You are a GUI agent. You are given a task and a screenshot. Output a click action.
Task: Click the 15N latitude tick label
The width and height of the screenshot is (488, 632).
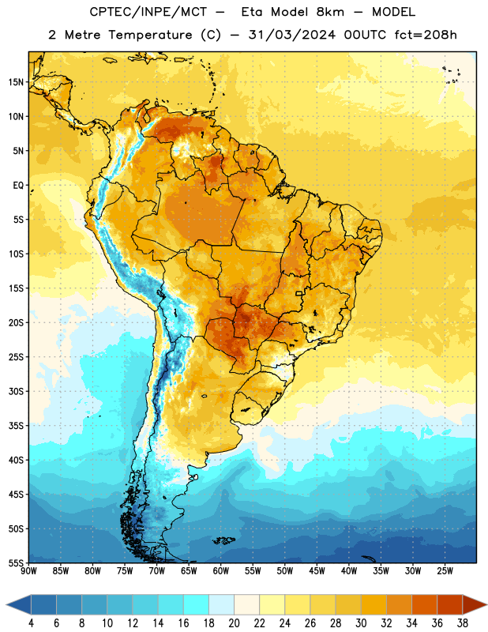click(x=16, y=82)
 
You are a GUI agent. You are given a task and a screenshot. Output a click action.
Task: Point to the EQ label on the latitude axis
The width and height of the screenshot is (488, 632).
click(x=18, y=186)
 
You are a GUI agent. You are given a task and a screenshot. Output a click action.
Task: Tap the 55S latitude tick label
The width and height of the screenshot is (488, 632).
click(x=16, y=562)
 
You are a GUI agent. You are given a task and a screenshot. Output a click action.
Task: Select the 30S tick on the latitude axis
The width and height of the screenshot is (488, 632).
click(x=16, y=391)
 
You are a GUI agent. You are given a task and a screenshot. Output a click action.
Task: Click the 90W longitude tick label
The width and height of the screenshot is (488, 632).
click(x=28, y=571)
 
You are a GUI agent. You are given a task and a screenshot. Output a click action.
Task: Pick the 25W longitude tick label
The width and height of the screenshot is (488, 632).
click(x=445, y=571)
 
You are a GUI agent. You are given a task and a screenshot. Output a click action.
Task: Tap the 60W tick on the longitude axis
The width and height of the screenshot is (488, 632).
click(x=221, y=571)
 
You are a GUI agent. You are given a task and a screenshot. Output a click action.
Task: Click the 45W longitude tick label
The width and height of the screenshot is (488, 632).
click(x=317, y=571)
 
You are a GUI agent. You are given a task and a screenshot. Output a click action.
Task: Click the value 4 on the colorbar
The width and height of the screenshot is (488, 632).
click(x=31, y=623)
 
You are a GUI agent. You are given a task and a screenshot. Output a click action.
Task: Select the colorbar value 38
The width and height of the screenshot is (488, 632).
click(x=462, y=623)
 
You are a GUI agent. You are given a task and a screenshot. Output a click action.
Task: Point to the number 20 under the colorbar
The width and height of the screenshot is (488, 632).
click(x=234, y=623)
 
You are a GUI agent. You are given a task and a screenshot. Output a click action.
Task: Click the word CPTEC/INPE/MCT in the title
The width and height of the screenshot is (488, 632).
click(x=148, y=12)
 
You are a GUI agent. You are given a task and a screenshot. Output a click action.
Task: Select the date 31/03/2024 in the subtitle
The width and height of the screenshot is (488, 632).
click(x=291, y=35)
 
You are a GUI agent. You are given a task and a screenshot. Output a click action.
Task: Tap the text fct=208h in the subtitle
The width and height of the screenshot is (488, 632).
click(x=426, y=35)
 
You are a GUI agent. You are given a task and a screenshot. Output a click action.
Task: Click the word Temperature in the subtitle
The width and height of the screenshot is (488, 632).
click(x=150, y=35)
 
